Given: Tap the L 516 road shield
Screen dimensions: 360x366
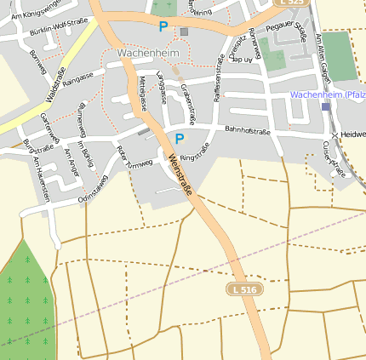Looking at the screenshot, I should pos(244,290).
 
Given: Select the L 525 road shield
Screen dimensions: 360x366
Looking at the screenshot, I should pos(293,3).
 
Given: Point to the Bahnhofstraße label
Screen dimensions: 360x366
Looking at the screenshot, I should pos(247,130).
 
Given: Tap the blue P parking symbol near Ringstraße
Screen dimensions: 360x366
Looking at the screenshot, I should pos(179,138).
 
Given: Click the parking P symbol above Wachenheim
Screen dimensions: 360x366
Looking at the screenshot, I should pos(163,27).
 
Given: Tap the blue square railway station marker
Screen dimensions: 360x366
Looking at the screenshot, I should pos(325,106).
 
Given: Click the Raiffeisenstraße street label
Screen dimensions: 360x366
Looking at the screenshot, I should pos(220,90).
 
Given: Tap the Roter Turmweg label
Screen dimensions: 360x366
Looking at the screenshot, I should pos(134,157).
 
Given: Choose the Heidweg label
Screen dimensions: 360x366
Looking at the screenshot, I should pos(352,135).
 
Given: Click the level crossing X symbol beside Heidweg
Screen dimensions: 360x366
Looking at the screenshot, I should pos(335,135).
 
